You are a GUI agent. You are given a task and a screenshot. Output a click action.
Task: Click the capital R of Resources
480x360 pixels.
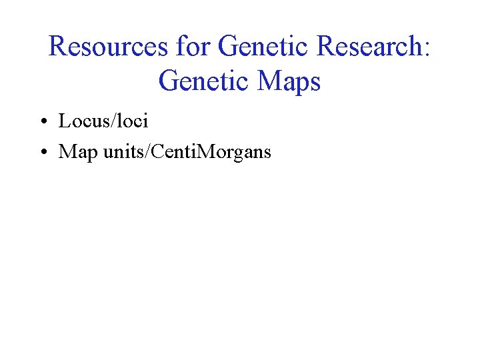tap(58, 47)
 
